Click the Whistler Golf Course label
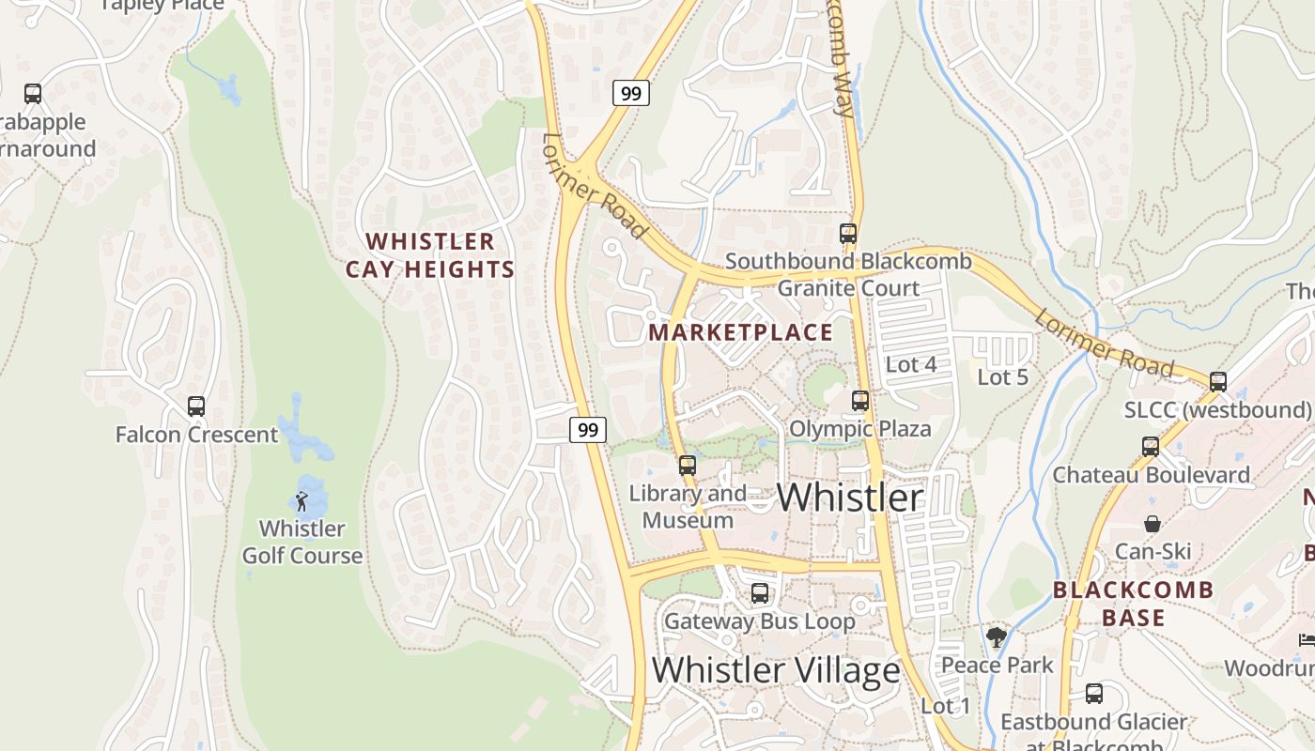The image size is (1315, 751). click(302, 542)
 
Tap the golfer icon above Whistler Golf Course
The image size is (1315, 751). click(302, 501)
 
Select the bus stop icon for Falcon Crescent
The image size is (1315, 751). click(196, 406)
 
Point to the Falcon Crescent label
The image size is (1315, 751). click(196, 435)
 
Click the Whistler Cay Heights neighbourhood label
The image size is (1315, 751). click(430, 255)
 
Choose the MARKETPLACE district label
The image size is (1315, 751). click(741, 332)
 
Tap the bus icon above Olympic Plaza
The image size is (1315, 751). click(860, 401)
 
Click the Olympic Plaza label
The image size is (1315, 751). click(860, 429)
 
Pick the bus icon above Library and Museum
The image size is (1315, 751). click(688, 465)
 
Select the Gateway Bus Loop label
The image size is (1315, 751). click(760, 621)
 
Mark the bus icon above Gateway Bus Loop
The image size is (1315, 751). click(760, 593)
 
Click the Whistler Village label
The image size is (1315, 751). click(776, 670)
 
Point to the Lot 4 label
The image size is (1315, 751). click(911, 364)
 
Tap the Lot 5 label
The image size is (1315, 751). click(1003, 377)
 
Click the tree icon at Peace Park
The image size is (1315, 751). click(997, 638)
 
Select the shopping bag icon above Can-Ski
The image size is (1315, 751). click(1153, 524)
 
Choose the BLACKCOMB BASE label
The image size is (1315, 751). click(1133, 604)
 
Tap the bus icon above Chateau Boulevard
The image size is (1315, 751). click(1151, 447)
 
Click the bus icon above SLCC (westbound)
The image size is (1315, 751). click(1218, 382)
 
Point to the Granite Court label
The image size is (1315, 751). click(848, 288)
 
